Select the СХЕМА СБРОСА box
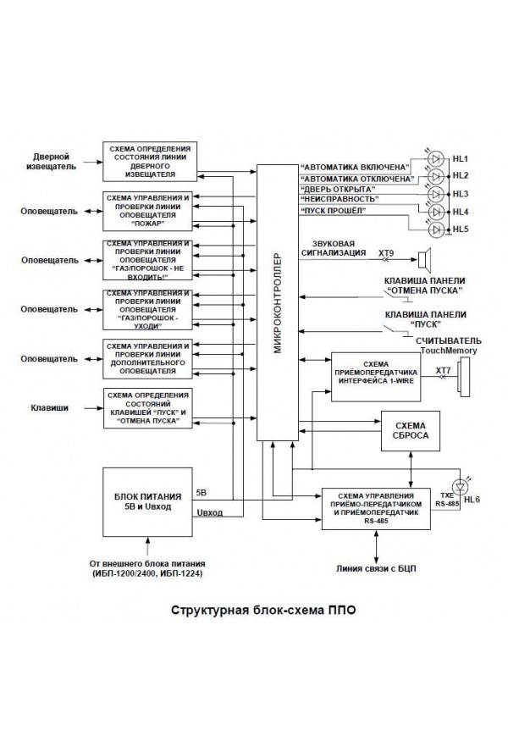411,429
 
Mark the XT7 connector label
443,370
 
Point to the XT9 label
386,252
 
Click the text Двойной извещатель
51,161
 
